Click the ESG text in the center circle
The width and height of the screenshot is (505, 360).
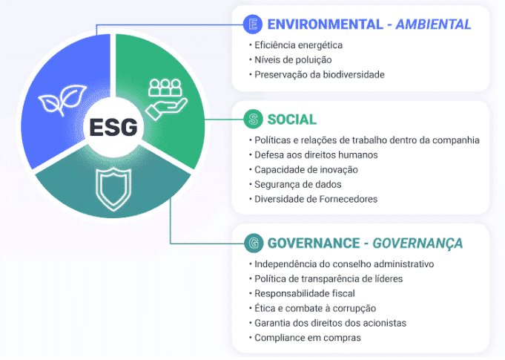[x=113, y=127]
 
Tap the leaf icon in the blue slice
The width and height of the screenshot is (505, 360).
[x=62, y=99]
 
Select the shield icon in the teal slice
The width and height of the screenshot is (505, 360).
[x=113, y=189]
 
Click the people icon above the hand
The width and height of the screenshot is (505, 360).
[x=165, y=88]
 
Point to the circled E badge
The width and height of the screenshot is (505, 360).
[x=253, y=24]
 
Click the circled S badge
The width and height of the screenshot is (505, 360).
[x=253, y=119]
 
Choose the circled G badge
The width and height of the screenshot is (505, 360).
[x=254, y=243]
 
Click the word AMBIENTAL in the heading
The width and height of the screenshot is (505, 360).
[x=433, y=24]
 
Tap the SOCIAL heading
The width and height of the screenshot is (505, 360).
[x=291, y=120]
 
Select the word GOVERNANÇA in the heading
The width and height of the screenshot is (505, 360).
[x=417, y=243]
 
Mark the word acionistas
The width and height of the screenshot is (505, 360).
[x=385, y=323]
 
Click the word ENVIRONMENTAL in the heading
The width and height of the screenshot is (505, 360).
[x=326, y=24]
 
